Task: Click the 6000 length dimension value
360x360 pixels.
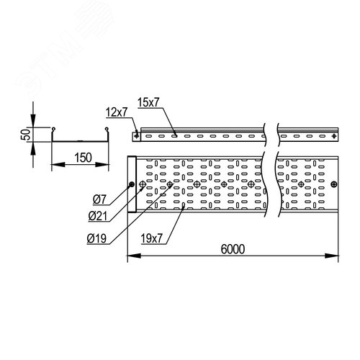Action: pos(233,249)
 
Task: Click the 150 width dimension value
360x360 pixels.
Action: pos(83,158)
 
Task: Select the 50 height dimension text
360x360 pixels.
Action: pos(26,135)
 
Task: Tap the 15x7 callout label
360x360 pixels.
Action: pos(148,102)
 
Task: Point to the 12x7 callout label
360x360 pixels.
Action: pos(117,112)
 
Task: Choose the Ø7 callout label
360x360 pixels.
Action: pos(99,199)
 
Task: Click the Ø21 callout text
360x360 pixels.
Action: pos(98,217)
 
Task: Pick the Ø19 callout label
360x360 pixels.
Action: pos(96,239)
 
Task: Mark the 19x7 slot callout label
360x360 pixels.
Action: pos(151,239)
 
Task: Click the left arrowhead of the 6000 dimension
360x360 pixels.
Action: pos(134,256)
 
